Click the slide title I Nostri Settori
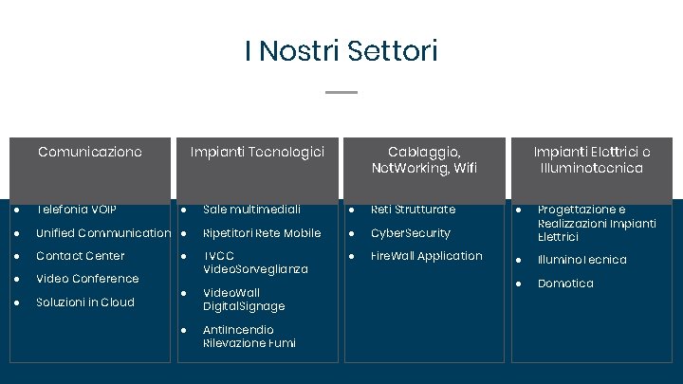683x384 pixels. (x=341, y=50)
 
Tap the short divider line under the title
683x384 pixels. (x=341, y=92)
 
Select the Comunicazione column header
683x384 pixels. (x=90, y=152)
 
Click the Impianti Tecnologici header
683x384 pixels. (x=257, y=152)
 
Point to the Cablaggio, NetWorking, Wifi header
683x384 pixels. (x=424, y=159)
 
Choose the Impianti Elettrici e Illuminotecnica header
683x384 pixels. (x=592, y=159)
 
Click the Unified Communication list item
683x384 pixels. (x=103, y=233)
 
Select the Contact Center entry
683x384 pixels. (x=80, y=256)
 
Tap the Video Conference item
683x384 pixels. (x=87, y=279)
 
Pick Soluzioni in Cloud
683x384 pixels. (x=85, y=302)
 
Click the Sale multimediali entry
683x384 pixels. (x=251, y=210)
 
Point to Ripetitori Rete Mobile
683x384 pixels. (x=262, y=233)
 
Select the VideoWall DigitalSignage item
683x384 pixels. (x=244, y=300)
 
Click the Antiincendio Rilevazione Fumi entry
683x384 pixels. (x=249, y=337)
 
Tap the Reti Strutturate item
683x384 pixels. (x=413, y=210)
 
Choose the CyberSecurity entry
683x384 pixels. (x=411, y=233)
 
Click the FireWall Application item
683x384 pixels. (x=427, y=256)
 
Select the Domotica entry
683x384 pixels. (x=565, y=283)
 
